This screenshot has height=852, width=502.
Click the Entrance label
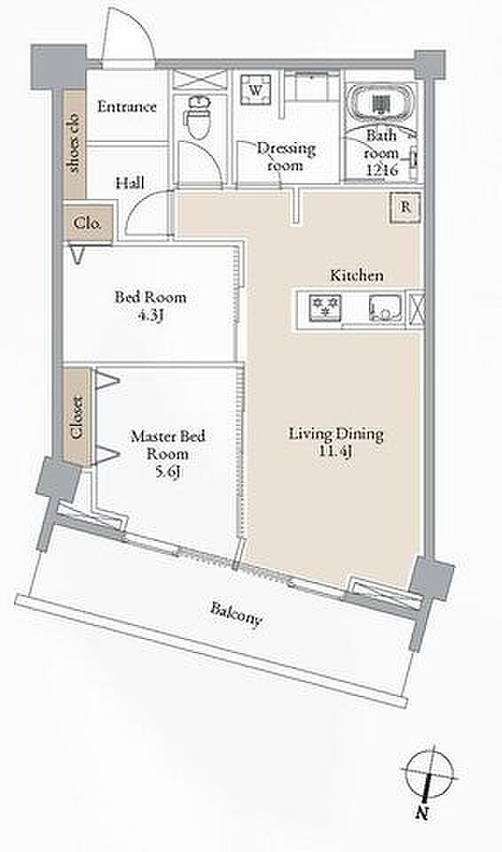pyautogui.click(x=127, y=106)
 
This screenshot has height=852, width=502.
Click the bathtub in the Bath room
pyautogui.click(x=380, y=102)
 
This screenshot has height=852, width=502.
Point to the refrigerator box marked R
pyautogui.click(x=405, y=207)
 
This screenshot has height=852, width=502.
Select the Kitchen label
pyautogui.click(x=357, y=275)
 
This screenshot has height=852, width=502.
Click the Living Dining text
pyautogui.click(x=336, y=434)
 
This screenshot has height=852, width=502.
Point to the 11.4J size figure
pyautogui.click(x=336, y=451)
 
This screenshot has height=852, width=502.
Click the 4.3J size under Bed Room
pyautogui.click(x=150, y=314)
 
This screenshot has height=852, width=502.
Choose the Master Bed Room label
pyautogui.click(x=168, y=445)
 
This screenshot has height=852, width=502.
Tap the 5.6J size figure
pyautogui.click(x=168, y=471)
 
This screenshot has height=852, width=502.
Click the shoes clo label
pyautogui.click(x=75, y=143)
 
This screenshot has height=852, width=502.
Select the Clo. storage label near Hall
pyautogui.click(x=87, y=223)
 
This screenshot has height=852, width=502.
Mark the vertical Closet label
pyautogui.click(x=76, y=417)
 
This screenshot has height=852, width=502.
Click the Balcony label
pyautogui.click(x=236, y=614)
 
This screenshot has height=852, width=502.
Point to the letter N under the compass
pyautogui.click(x=420, y=814)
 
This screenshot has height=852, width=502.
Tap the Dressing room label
pyautogui.click(x=286, y=156)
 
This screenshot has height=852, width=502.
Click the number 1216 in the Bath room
pyautogui.click(x=382, y=170)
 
